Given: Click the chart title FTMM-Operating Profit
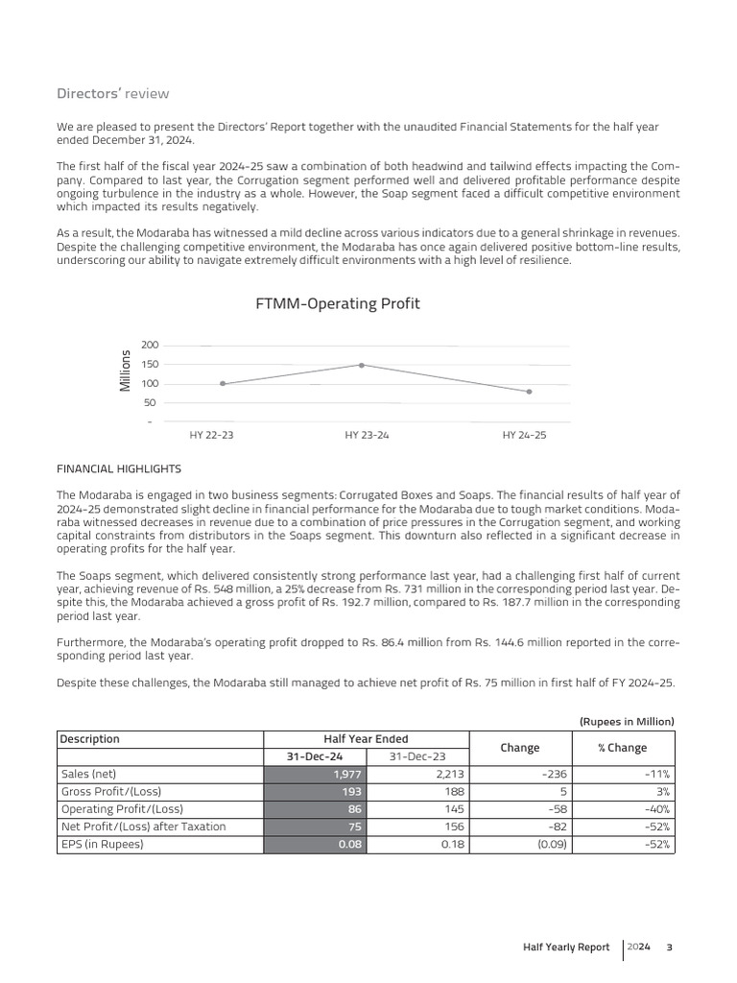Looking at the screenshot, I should coord(337,303).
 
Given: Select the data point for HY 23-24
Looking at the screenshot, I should coord(362,365).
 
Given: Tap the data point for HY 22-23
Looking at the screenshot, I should coord(223,384).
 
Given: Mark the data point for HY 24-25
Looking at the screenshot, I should coord(529,392).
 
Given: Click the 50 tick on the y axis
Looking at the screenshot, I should coord(150,402).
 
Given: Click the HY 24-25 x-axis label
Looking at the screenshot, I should coord(524,435).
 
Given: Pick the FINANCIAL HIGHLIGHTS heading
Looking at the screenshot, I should coord(119,469).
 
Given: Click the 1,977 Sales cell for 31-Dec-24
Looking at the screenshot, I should coord(347,774).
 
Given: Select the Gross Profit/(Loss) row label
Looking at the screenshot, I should coord(111,791).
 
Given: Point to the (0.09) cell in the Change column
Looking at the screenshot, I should coord(544,845).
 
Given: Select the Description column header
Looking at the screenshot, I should coord(90,739).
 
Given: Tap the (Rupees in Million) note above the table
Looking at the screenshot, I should coord(627,721).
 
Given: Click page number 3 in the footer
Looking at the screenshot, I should coord(670,947).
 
